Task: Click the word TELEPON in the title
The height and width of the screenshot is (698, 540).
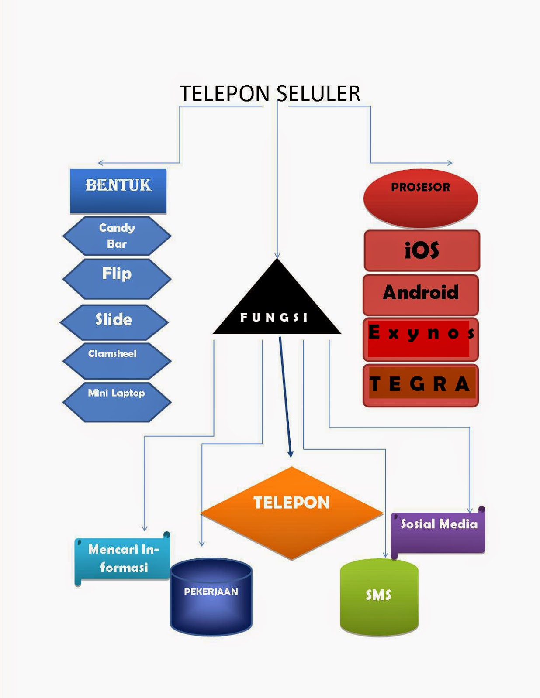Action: point(225,94)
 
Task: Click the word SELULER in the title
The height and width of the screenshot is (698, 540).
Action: point(319,94)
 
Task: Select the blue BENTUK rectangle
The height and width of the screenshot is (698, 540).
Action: point(118,191)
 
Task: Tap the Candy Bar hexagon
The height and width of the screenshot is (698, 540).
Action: point(117,236)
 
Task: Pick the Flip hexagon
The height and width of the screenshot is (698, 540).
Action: point(117,278)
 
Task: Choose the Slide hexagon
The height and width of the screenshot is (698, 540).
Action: point(114,322)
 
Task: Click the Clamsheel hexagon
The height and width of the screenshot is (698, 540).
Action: point(117,360)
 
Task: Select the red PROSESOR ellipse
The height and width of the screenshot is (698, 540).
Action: point(420,198)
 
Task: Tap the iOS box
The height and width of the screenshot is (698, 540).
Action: point(422,250)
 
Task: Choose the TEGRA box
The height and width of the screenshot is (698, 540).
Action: point(421,385)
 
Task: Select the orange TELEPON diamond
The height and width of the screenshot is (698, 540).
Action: point(291,513)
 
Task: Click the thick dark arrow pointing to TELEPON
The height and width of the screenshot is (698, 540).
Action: point(285,397)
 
